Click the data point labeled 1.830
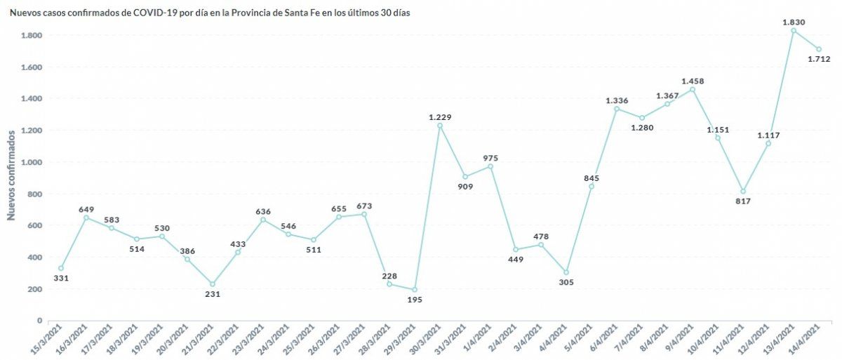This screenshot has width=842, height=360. [x=794, y=30]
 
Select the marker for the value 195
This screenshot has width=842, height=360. [x=415, y=289]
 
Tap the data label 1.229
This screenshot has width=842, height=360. [x=440, y=116]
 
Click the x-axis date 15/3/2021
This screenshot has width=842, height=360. [x=49, y=339]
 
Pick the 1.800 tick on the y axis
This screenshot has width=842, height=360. [x=32, y=35]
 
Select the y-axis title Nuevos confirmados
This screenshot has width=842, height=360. [x=11, y=175]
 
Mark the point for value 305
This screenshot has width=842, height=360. [x=566, y=272]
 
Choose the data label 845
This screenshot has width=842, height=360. [x=592, y=178]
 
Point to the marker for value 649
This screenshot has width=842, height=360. [x=86, y=218]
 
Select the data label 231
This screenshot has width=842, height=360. [x=213, y=294]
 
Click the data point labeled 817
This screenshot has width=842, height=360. [x=743, y=192]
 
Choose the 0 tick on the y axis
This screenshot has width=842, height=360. [x=40, y=321]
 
